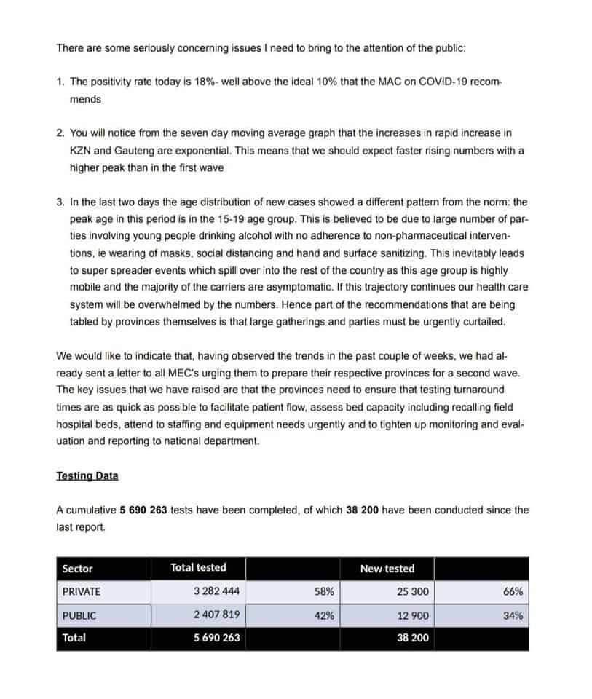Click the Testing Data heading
(87, 475)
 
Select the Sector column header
(78, 568)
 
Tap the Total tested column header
(198, 567)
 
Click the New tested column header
(387, 568)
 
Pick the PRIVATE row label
(82, 591)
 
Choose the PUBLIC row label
(79, 615)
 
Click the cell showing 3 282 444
(216, 591)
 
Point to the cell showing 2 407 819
(216, 615)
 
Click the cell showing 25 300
(413, 591)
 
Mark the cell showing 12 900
(413, 615)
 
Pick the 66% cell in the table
(513, 591)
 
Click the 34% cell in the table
(513, 615)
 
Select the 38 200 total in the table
(413, 638)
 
